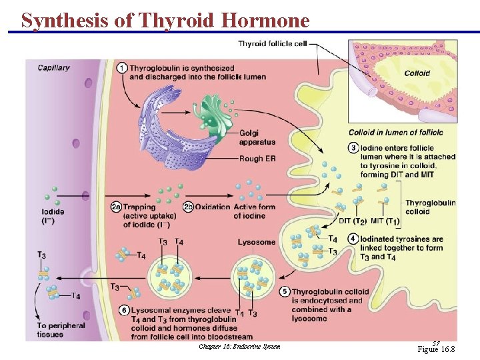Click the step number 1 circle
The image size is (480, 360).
(122, 68)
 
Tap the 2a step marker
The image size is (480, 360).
(116, 207)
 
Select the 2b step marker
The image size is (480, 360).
(189, 207)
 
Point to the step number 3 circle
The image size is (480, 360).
(353, 148)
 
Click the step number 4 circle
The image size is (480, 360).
(353, 239)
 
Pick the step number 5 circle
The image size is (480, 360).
(285, 291)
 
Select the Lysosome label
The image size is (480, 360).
(257, 242)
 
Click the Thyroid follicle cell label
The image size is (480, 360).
(273, 45)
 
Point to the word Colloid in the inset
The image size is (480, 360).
(417, 73)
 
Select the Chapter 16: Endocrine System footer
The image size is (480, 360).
(239, 346)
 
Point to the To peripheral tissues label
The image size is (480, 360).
(61, 329)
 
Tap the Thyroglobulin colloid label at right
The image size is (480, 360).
(430, 207)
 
